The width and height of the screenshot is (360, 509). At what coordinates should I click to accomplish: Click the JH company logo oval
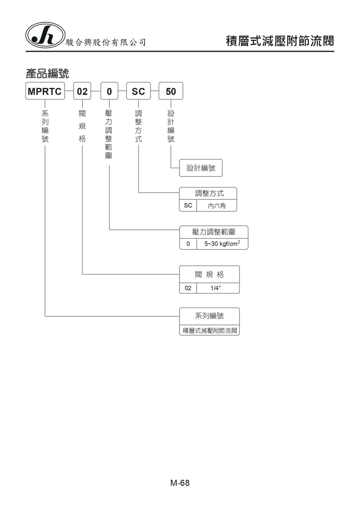coord(45,35)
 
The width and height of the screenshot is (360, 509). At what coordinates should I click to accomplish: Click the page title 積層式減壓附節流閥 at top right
coord(279,41)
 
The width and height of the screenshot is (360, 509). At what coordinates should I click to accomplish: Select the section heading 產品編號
coord(47,74)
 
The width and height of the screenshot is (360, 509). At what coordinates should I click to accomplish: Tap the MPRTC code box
coord(45,91)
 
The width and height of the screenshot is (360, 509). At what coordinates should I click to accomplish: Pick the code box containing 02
coord(82,91)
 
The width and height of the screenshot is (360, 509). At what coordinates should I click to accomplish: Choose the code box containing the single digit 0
coord(109,91)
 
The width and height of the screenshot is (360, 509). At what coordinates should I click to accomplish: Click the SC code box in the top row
coord(138,91)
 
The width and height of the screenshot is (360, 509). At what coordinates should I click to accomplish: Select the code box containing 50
coord(171,91)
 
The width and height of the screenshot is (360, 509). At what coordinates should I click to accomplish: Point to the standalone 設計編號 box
coord(201,168)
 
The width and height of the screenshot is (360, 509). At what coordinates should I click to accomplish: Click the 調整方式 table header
coord(208,193)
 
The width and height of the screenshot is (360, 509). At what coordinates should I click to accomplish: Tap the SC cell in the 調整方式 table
coord(188,205)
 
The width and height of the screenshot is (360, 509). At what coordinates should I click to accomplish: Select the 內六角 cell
coord(217,206)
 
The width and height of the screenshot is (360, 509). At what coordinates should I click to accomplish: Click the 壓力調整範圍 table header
coord(214,232)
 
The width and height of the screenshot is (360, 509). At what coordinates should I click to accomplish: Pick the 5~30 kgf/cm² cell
coord(222,244)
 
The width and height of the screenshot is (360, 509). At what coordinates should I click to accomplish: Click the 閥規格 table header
coord(210,274)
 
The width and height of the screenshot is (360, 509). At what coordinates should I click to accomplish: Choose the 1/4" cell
coord(216,288)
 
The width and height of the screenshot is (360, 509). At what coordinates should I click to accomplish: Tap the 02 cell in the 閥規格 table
coord(188,288)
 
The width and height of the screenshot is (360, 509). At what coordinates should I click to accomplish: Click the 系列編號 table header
coord(210,316)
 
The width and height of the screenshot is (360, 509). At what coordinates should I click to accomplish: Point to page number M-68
coord(180,483)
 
